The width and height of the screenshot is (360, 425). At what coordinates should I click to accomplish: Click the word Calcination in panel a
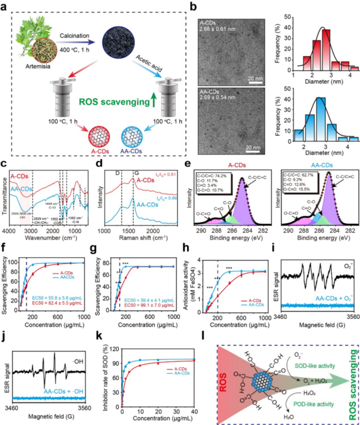point(74,36)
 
